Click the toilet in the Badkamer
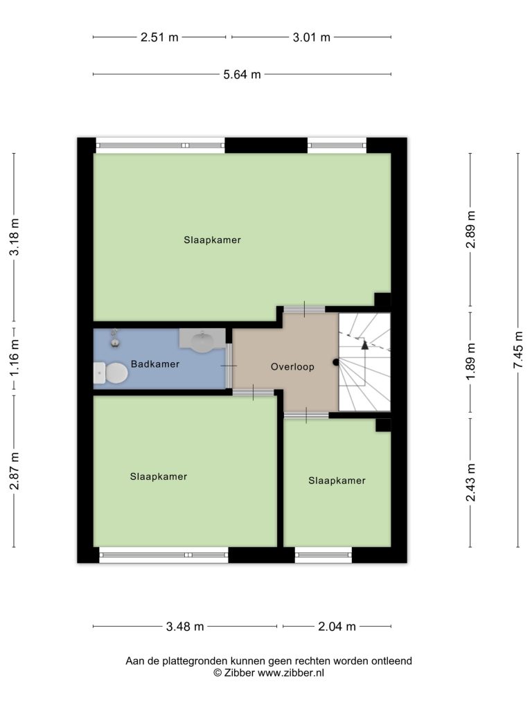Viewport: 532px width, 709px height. [x=111, y=373]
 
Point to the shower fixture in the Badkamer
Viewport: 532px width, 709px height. [x=116, y=338]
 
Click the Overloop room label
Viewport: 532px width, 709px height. [x=292, y=367]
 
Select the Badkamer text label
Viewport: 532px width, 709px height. [x=155, y=364]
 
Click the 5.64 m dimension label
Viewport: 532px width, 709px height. [x=242, y=75]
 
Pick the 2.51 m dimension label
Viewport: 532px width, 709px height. [x=159, y=37]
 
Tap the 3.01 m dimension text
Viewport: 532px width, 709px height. [x=311, y=37]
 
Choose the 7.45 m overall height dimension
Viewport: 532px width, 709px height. [x=518, y=350]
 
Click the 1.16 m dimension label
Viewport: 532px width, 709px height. [x=14, y=357]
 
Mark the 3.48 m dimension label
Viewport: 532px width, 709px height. [x=185, y=627]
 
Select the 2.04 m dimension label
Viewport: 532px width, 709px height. [x=337, y=627]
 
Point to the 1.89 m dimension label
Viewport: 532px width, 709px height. [x=470, y=361]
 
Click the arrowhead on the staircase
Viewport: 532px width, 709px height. [x=364, y=345]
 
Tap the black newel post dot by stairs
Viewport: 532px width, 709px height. [x=336, y=362]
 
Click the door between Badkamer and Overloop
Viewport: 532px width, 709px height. [x=229, y=366]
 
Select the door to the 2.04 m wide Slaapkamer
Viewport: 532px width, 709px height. [x=306, y=415]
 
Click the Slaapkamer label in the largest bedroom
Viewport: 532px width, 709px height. [x=212, y=240]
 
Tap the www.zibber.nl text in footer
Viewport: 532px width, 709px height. [x=291, y=673]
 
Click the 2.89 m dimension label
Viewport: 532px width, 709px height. [x=470, y=229]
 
